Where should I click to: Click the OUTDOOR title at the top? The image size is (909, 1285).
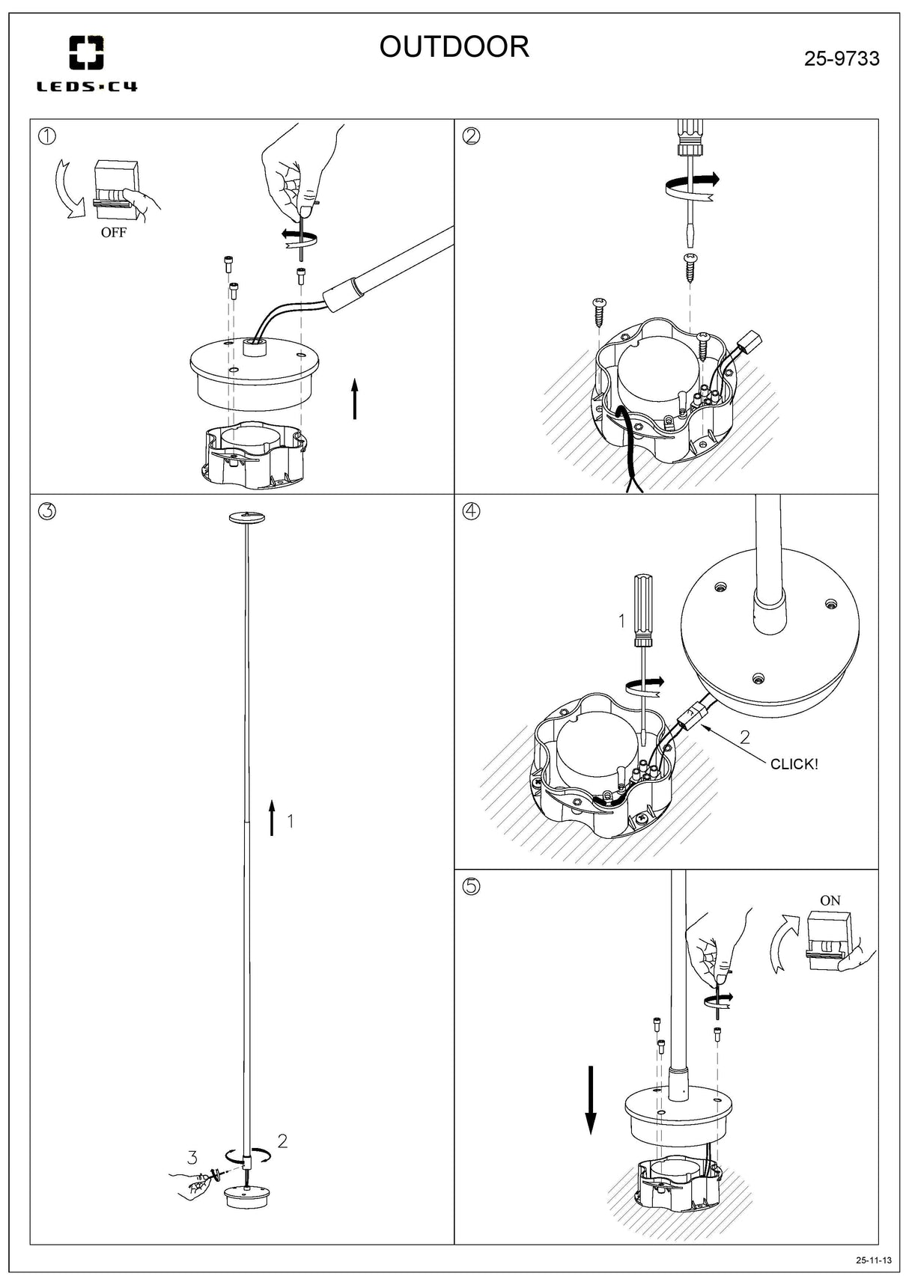pos(454,46)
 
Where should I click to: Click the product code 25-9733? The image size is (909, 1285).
pos(842,58)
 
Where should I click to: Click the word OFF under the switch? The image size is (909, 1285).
pos(114,233)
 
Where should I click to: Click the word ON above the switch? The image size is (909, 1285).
pos(830,901)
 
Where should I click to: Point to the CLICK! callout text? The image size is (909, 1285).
pos(794,764)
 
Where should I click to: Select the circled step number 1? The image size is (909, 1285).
pos(47,136)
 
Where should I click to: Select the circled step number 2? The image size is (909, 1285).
pos(472,136)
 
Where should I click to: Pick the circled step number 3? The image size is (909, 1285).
pos(47,511)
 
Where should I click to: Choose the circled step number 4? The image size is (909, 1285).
pos(472,511)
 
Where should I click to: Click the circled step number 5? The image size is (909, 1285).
pos(472,886)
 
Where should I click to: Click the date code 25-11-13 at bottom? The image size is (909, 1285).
pos(874,1260)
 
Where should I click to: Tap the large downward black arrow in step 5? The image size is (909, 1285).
pos(591,1100)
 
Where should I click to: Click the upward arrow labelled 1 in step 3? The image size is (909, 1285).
pos(272,817)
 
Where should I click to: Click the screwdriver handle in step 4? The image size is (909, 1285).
pos(643,610)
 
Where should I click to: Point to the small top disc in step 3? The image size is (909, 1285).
pos(247,517)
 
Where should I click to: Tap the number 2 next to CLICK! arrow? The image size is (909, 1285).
pos(744,737)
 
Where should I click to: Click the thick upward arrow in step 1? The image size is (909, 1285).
pos(355,399)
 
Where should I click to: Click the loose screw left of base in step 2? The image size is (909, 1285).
pos(599,311)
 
